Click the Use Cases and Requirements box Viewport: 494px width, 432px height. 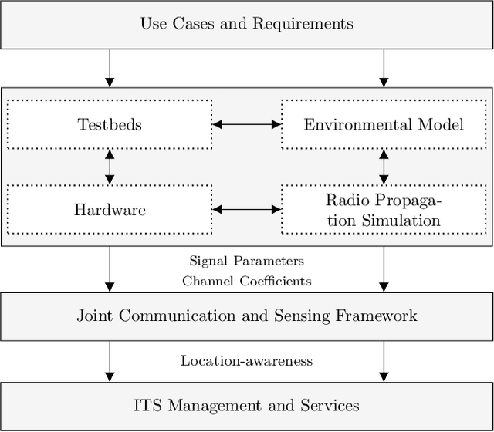click(247, 24)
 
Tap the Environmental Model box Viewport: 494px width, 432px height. click(384, 123)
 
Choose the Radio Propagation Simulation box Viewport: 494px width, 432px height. click(384, 209)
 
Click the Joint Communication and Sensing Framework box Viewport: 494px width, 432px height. click(247, 316)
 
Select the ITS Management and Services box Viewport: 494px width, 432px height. click(247, 404)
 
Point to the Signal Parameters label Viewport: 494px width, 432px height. click(247, 262)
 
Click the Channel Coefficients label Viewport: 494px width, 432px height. click(247, 281)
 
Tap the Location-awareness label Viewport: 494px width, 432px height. click(247, 360)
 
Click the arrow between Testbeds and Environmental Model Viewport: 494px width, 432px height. click(246, 123)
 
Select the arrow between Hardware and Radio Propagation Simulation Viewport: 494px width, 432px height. click(246, 209)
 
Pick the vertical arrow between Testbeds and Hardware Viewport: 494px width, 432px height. click(109, 166)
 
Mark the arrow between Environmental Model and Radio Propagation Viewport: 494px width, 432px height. click(384, 166)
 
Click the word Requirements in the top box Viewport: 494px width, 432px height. click(304, 24)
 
